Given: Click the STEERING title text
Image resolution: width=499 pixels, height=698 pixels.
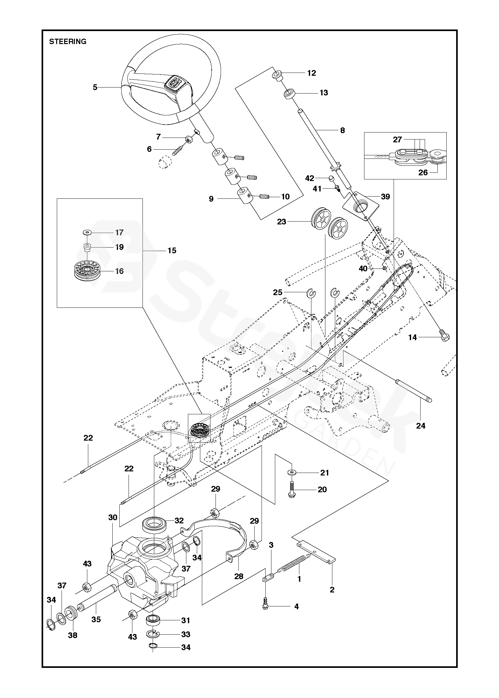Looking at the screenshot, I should pyautogui.click(x=68, y=42).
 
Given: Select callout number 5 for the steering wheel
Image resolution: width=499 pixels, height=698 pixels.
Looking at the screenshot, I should pyautogui.click(x=95, y=87).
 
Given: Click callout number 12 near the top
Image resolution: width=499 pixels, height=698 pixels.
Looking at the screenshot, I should pyautogui.click(x=312, y=73).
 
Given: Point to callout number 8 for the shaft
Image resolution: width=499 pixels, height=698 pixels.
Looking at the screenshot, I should pyautogui.click(x=342, y=130).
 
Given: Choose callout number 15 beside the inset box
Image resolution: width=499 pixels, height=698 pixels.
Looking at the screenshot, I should pyautogui.click(x=171, y=251).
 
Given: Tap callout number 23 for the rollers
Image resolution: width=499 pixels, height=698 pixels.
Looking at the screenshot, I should pyautogui.click(x=282, y=222).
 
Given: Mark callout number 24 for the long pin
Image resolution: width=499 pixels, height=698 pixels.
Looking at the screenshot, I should pyautogui.click(x=421, y=426).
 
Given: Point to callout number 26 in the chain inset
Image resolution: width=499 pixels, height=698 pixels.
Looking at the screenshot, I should pyautogui.click(x=423, y=172).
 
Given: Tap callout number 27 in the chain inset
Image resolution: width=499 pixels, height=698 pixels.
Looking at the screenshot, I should pyautogui.click(x=397, y=139).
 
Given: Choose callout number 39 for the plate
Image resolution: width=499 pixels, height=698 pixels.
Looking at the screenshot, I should pyautogui.click(x=385, y=197).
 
